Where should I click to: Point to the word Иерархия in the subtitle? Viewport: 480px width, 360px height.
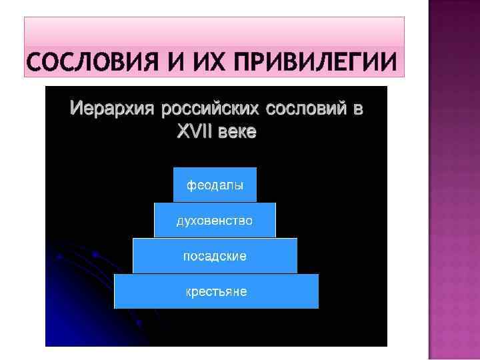tap(111, 109)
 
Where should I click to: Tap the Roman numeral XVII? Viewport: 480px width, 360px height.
tap(193, 132)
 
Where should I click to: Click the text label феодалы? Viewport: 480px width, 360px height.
tap(215, 185)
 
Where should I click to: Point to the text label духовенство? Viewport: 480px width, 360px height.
tap(215, 221)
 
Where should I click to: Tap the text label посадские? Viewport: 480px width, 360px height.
tap(215, 256)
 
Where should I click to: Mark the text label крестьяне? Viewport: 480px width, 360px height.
tap(216, 292)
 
